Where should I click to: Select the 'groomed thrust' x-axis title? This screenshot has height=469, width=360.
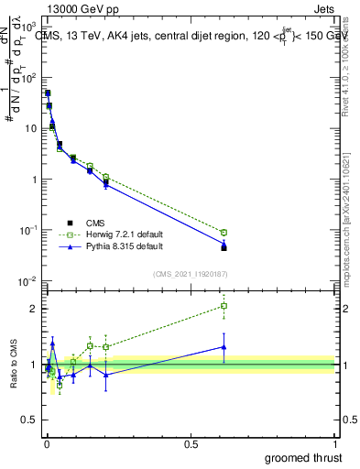303,457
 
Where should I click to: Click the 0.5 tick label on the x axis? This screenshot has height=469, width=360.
191,443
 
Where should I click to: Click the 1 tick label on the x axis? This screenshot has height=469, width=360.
334,443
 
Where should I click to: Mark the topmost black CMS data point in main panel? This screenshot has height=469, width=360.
48,93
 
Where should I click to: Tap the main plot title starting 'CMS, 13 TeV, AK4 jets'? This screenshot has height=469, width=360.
183,37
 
